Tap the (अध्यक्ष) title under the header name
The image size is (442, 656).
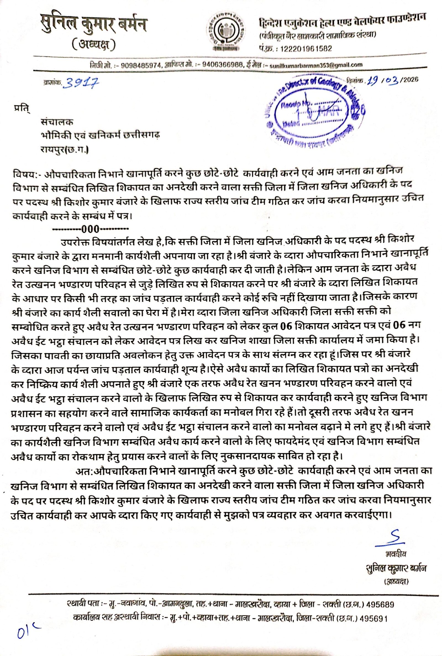[93, 45]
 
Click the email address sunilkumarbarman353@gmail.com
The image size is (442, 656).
[316, 65]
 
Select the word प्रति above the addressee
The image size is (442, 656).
[22, 109]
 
